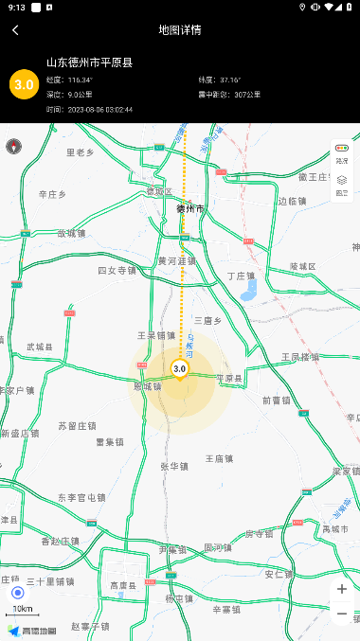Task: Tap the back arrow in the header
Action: pyautogui.click(x=15, y=30)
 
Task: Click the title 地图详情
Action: pyautogui.click(x=180, y=30)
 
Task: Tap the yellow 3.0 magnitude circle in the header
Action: pyautogui.click(x=24, y=84)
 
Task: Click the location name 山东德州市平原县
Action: pyautogui.click(x=89, y=62)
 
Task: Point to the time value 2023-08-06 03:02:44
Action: pyautogui.click(x=99, y=110)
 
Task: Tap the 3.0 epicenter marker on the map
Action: pyautogui.click(x=179, y=368)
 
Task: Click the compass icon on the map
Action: pyautogui.click(x=14, y=147)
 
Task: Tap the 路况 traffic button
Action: pyautogui.click(x=342, y=153)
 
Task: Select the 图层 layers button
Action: pyautogui.click(x=342, y=185)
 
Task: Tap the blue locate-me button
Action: pyautogui.click(x=17, y=593)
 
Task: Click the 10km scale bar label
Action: pyautogui.click(x=22, y=609)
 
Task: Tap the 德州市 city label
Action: pyautogui.click(x=190, y=208)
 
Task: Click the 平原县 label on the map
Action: pyautogui.click(x=230, y=378)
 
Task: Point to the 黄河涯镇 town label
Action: pyautogui.click(x=176, y=260)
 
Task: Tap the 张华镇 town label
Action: pyautogui.click(x=174, y=466)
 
